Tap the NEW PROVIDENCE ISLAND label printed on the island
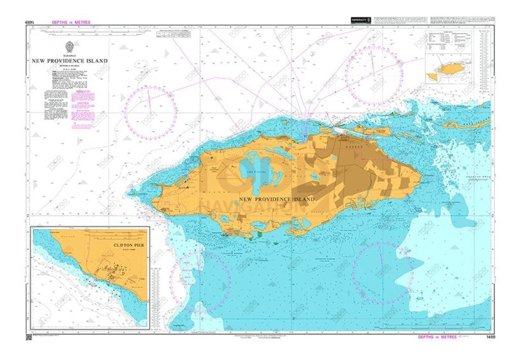coord(276,199)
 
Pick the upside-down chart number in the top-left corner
coord(30,22)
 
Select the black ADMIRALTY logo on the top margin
coord(360,21)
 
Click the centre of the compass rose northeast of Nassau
coord(371,75)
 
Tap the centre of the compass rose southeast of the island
coord(383,273)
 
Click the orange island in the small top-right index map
coord(452,68)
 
